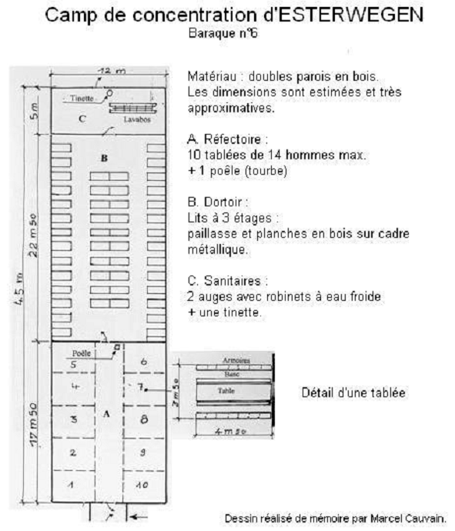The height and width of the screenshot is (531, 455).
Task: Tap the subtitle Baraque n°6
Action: (222, 33)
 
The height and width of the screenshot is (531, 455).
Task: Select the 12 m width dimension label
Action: (112, 71)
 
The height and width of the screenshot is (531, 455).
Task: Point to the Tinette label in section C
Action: (82, 99)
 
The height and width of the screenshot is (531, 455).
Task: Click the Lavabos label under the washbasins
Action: (137, 119)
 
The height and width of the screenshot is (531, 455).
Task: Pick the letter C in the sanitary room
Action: (82, 119)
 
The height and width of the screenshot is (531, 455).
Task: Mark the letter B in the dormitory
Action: (105, 159)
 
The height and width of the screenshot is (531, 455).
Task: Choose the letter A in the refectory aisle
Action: (106, 414)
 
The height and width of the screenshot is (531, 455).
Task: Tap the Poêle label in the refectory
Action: (82, 353)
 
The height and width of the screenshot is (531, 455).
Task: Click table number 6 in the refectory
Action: (144, 362)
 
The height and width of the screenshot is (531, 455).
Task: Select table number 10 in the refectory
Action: (142, 485)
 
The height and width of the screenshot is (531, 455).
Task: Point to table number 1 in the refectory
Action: (71, 485)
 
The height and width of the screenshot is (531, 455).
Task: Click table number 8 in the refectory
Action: (144, 419)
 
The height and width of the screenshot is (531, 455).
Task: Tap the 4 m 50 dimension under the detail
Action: (231, 432)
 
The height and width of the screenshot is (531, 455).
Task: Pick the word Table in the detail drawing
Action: (226, 390)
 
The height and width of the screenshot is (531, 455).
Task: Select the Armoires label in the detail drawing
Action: (236, 360)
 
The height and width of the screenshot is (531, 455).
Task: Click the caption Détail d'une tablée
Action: (353, 392)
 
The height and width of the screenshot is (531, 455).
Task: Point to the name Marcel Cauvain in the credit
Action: (407, 519)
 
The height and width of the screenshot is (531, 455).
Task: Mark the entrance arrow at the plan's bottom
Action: (139, 517)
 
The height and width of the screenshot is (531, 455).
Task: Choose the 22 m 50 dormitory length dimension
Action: (33, 235)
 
